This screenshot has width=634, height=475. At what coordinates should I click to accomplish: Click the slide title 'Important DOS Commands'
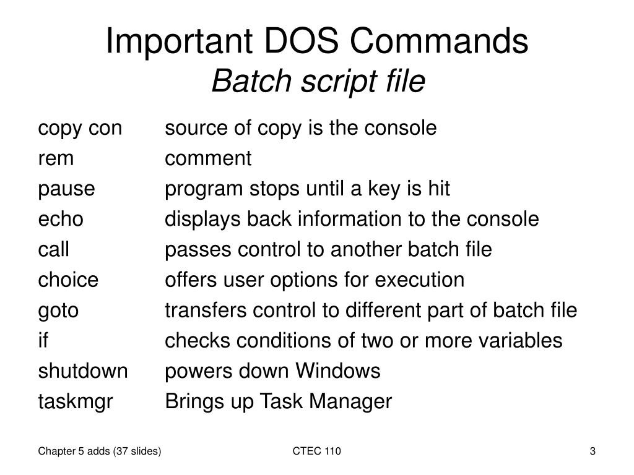pos(317,42)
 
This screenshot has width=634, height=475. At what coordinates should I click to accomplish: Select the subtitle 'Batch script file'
pos(318,82)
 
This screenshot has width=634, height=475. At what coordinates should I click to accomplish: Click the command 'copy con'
pos(80,129)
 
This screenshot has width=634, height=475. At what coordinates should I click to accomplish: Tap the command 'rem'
pos(56,159)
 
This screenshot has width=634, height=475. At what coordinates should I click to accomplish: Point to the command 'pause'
pos(66,189)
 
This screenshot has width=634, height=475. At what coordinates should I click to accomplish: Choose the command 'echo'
pos(61,220)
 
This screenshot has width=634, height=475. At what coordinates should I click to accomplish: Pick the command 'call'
pos(53,250)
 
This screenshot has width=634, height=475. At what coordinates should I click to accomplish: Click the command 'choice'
pos(68,280)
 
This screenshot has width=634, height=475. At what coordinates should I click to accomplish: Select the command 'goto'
pos(58,310)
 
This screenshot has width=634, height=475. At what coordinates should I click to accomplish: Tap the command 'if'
pos(43,341)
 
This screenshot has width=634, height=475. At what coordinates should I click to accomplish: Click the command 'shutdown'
pos(83,371)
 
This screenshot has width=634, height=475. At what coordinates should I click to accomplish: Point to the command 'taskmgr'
pos(76,402)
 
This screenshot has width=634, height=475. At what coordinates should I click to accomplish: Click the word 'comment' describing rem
pos(208,159)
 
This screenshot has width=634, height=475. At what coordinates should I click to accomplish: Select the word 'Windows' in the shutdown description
pos(337,371)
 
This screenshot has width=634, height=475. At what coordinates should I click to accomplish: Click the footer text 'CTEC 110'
pos(317,451)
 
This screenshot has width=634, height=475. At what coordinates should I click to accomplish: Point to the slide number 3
pos(593,451)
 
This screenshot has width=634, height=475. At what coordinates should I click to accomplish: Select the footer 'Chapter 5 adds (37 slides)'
pos(100,451)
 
